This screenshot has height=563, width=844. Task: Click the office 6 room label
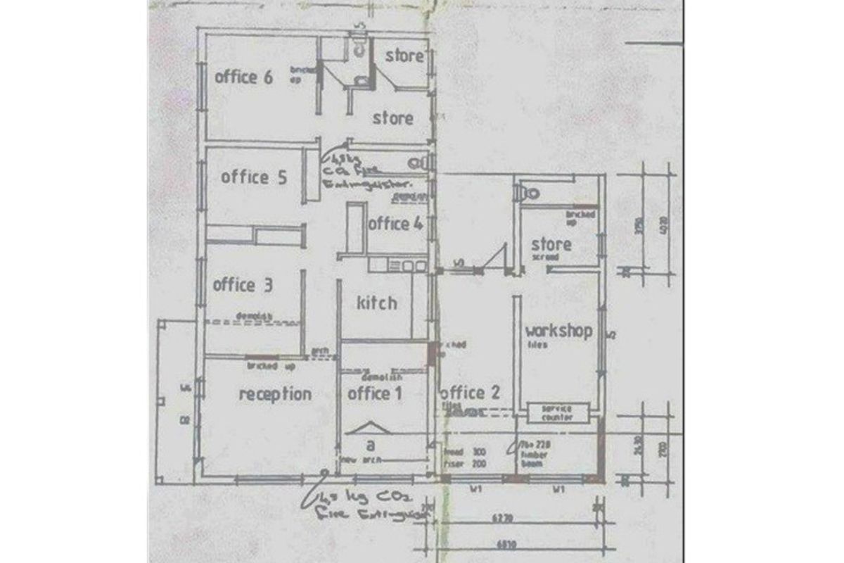click(x=243, y=77)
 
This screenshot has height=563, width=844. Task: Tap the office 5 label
click(x=254, y=177)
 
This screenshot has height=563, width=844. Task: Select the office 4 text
click(x=395, y=224)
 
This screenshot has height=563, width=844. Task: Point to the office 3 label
click(x=243, y=285)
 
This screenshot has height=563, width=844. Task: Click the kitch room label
click(x=376, y=303)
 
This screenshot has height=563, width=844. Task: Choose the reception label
click(x=275, y=394)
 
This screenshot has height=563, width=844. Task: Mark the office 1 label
click(x=375, y=393)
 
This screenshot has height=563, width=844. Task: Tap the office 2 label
click(x=470, y=393)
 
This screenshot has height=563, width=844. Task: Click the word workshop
click(x=558, y=331)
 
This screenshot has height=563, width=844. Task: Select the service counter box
click(x=556, y=413)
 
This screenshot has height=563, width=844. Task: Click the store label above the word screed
click(x=551, y=245)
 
